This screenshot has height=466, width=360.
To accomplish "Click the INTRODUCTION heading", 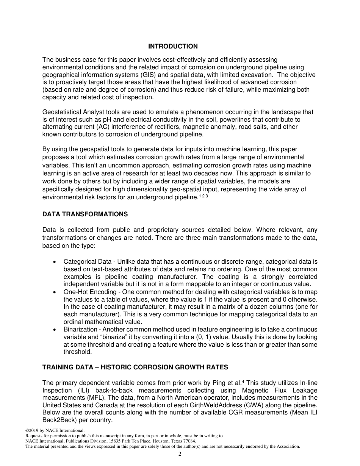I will pyautogui.click(x=173, y=47).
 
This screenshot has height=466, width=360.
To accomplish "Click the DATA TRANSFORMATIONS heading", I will pyautogui.click(x=85, y=214).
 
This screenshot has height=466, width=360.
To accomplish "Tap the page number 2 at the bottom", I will pyautogui.click(x=180, y=455).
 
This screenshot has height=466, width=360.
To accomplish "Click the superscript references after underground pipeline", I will pyautogui.click(x=203, y=196).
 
